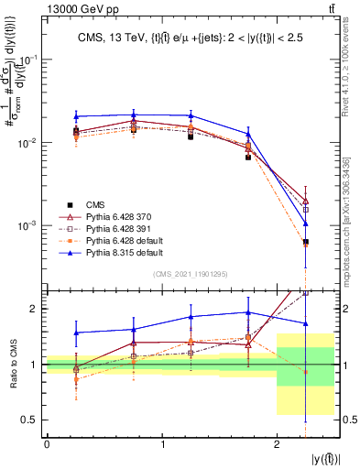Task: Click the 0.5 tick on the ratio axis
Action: [x=32, y=420]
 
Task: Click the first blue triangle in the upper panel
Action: [x=76, y=116]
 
